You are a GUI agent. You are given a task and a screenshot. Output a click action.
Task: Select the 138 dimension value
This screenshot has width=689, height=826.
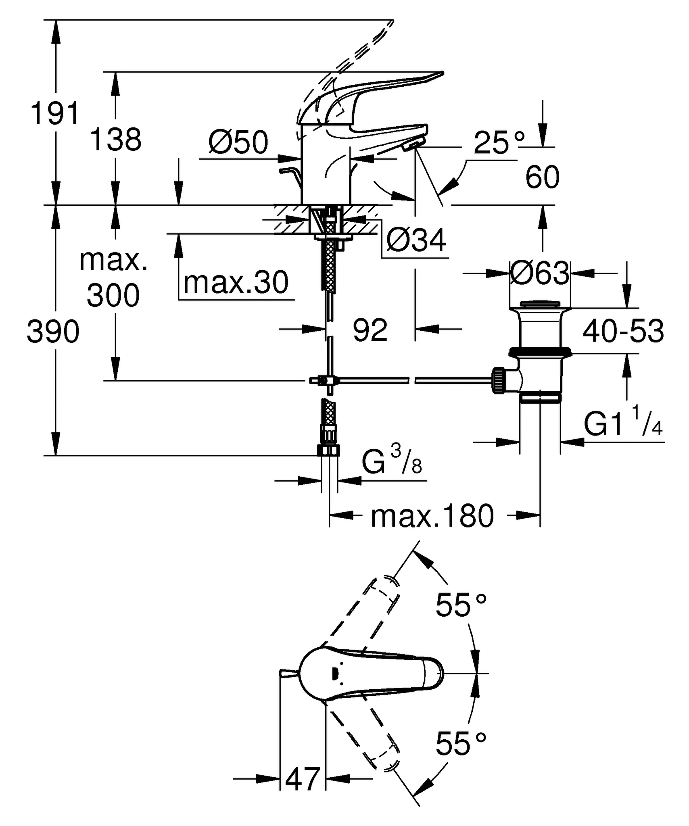coord(115,140)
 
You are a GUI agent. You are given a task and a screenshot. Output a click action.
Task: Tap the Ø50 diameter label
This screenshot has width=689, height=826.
coord(238,142)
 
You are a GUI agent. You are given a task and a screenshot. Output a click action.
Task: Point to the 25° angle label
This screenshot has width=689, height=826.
coord(499,143)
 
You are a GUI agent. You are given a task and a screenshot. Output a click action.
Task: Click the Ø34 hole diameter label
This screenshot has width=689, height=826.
coord(416,240)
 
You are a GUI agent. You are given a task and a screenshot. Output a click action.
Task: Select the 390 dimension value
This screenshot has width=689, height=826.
coord(53,332)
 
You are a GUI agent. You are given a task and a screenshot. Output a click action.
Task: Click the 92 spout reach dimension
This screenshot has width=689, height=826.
coord(370,330)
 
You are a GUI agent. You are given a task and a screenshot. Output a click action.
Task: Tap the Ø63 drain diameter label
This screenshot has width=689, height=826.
coord(539,273)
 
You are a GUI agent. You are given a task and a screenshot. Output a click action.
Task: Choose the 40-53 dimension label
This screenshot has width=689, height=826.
coord(623,331)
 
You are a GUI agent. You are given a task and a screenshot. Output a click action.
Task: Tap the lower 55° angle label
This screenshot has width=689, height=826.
coord(461,744)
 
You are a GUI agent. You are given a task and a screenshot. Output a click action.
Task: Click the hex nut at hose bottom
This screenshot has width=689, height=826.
coord(330,450)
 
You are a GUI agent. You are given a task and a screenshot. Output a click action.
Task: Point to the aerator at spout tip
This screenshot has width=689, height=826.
coord(413,144)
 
